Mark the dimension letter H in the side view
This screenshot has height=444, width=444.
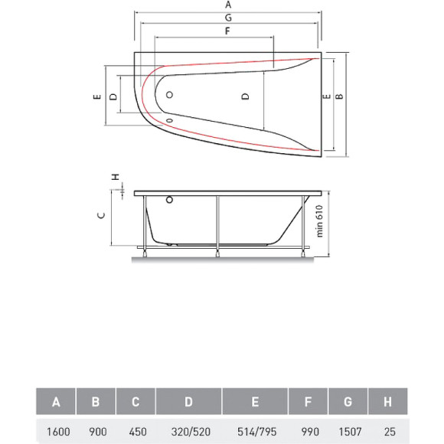[116, 177]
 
